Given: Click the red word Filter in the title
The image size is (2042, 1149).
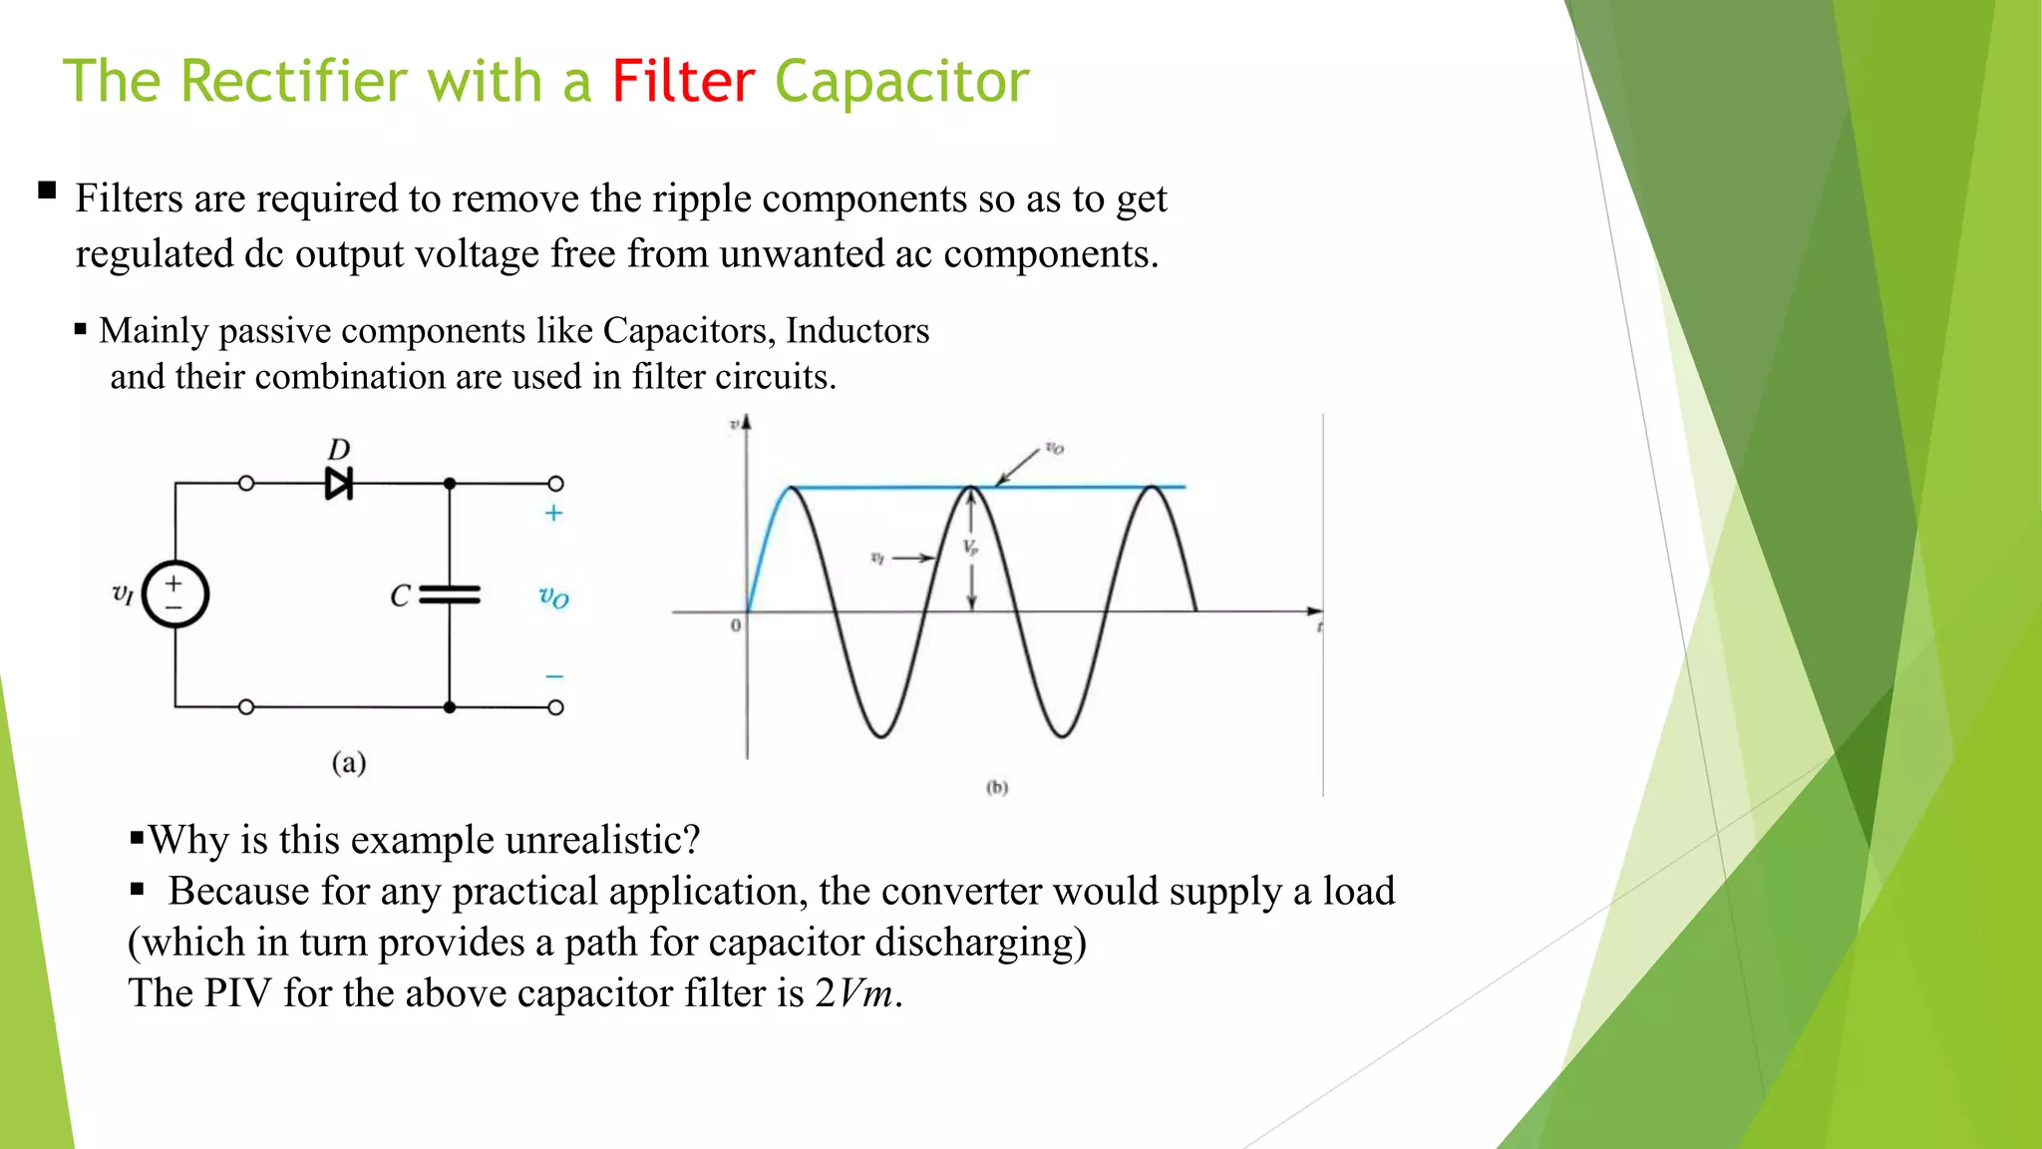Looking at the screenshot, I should click(683, 82).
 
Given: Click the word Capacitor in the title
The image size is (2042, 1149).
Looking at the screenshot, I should click(901, 82).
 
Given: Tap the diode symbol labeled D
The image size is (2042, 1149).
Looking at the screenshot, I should click(339, 484).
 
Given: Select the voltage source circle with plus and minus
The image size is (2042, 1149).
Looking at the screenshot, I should click(175, 594).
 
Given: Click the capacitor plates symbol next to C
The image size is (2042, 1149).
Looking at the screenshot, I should click(450, 595).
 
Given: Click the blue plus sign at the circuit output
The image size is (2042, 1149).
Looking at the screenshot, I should click(553, 513).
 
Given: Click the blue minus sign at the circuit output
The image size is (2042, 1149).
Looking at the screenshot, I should click(554, 676).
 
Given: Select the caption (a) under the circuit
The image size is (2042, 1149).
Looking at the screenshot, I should click(349, 763).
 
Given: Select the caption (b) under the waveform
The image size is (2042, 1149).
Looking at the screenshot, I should click(997, 787).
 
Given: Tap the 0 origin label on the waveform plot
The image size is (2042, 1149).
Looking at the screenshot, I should click(736, 625).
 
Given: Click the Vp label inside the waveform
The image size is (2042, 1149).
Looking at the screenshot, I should click(970, 547).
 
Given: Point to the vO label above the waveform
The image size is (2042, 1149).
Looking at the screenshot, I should click(1054, 448).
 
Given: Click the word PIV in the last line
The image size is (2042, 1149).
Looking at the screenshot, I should click(238, 993).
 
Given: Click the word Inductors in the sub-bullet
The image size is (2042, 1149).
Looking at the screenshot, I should click(857, 330).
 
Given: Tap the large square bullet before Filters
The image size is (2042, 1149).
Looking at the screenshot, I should click(47, 190).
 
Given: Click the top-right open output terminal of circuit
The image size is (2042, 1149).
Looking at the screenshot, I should click(556, 484).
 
